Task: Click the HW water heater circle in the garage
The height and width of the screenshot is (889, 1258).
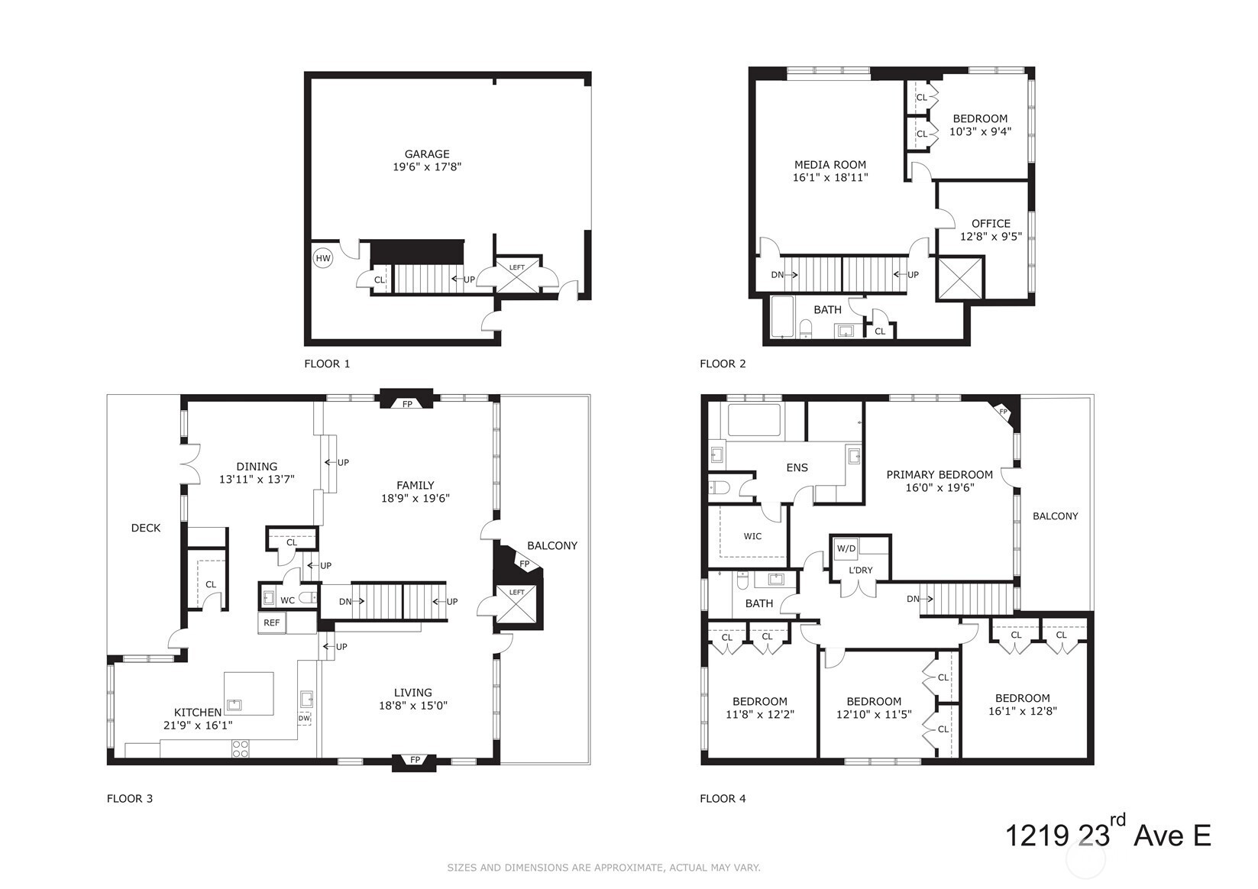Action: coord(323,258)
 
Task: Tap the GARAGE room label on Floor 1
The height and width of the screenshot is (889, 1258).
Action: coord(427,154)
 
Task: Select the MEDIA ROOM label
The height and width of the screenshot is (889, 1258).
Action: coord(830,164)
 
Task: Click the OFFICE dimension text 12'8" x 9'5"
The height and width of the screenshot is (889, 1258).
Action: coord(991,237)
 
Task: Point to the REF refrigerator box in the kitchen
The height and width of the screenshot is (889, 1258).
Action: coord(272,622)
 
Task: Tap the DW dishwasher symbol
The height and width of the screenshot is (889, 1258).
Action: coord(304,718)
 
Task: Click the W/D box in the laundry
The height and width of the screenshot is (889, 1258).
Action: coord(846,548)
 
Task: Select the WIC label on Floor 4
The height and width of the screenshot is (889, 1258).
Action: coord(752,536)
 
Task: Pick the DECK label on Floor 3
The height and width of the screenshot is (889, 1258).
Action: coord(146,528)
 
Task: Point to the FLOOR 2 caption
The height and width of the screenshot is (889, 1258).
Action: coord(723,364)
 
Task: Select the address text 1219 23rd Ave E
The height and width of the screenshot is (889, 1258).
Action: coord(1108,834)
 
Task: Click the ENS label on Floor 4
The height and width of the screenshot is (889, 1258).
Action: coord(797,467)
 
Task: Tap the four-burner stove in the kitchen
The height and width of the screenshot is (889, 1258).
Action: coord(241,748)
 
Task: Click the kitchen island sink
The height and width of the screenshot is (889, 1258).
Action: coord(234,705)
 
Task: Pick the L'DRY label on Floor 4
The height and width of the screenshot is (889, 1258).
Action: coord(861,570)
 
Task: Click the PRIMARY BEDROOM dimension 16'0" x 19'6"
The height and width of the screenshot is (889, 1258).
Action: coord(939,487)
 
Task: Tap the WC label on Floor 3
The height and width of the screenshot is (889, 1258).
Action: coord(287,600)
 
